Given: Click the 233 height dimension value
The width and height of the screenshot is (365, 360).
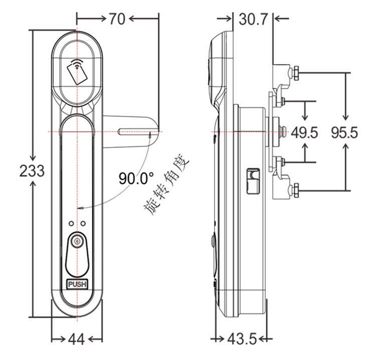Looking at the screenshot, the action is (32, 170).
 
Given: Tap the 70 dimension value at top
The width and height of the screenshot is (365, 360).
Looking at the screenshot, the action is (117, 19).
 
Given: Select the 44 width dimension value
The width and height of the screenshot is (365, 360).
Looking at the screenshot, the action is (76, 339).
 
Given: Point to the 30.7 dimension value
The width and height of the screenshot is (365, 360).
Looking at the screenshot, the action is (254, 19).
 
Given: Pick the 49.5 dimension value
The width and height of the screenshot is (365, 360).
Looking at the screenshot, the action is (304, 133).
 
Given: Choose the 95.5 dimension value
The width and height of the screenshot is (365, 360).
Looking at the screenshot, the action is (344, 133).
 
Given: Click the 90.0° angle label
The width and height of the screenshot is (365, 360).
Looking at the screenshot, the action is (136, 178).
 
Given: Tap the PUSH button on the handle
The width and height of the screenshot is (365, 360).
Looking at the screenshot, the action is (77, 284).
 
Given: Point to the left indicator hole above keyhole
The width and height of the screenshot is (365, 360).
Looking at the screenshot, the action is (71, 224).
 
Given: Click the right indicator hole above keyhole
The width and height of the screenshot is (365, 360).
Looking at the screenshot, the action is (83, 224).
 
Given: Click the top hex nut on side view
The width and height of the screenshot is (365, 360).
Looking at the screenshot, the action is (296, 73).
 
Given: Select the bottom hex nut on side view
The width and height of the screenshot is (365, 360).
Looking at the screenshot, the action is (296, 190).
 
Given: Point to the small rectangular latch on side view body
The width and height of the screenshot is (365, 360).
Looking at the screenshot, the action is (254, 181).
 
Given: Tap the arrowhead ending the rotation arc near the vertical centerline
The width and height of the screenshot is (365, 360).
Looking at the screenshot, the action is (81, 208).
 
